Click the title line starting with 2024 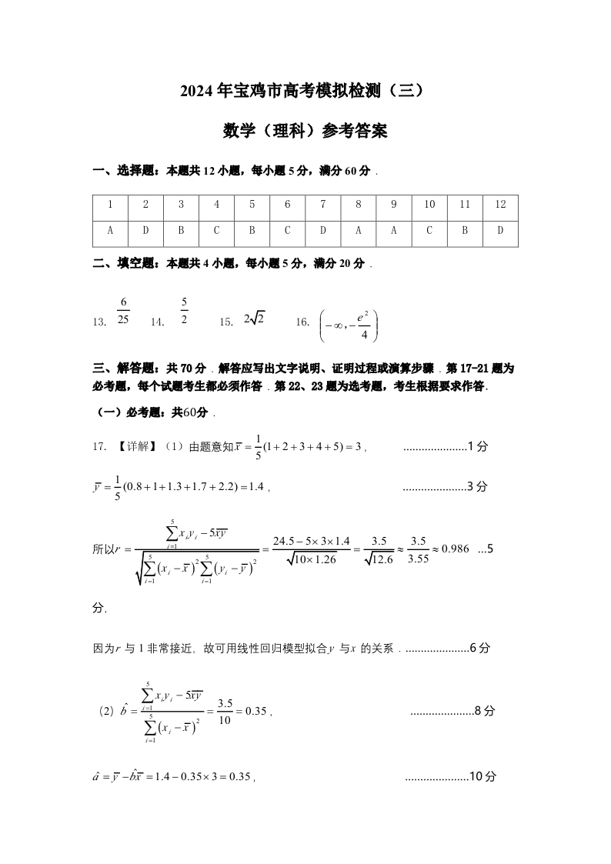click(305, 91)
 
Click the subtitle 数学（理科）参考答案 click(305, 132)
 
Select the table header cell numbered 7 click(323, 205)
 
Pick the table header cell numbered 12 click(501, 205)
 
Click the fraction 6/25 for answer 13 click(123, 311)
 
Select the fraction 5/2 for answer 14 click(185, 311)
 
